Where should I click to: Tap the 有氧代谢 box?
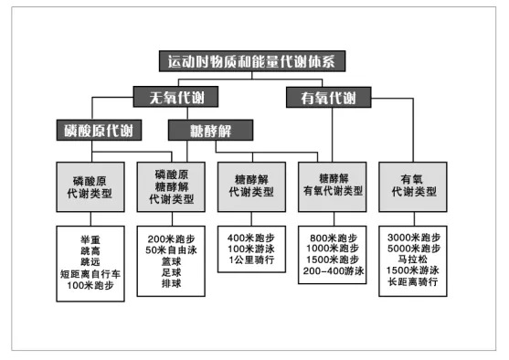tap(321, 97)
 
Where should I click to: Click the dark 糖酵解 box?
tap(209, 130)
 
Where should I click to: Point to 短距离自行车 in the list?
tap(90, 272)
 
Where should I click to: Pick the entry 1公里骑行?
tap(251, 260)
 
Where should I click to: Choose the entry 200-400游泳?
tap(333, 272)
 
